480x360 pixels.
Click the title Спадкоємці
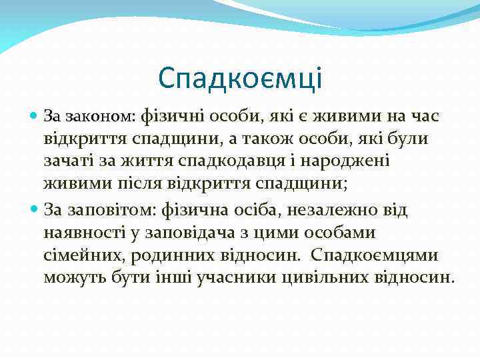(240, 78)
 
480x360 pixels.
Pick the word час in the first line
(422, 117)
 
